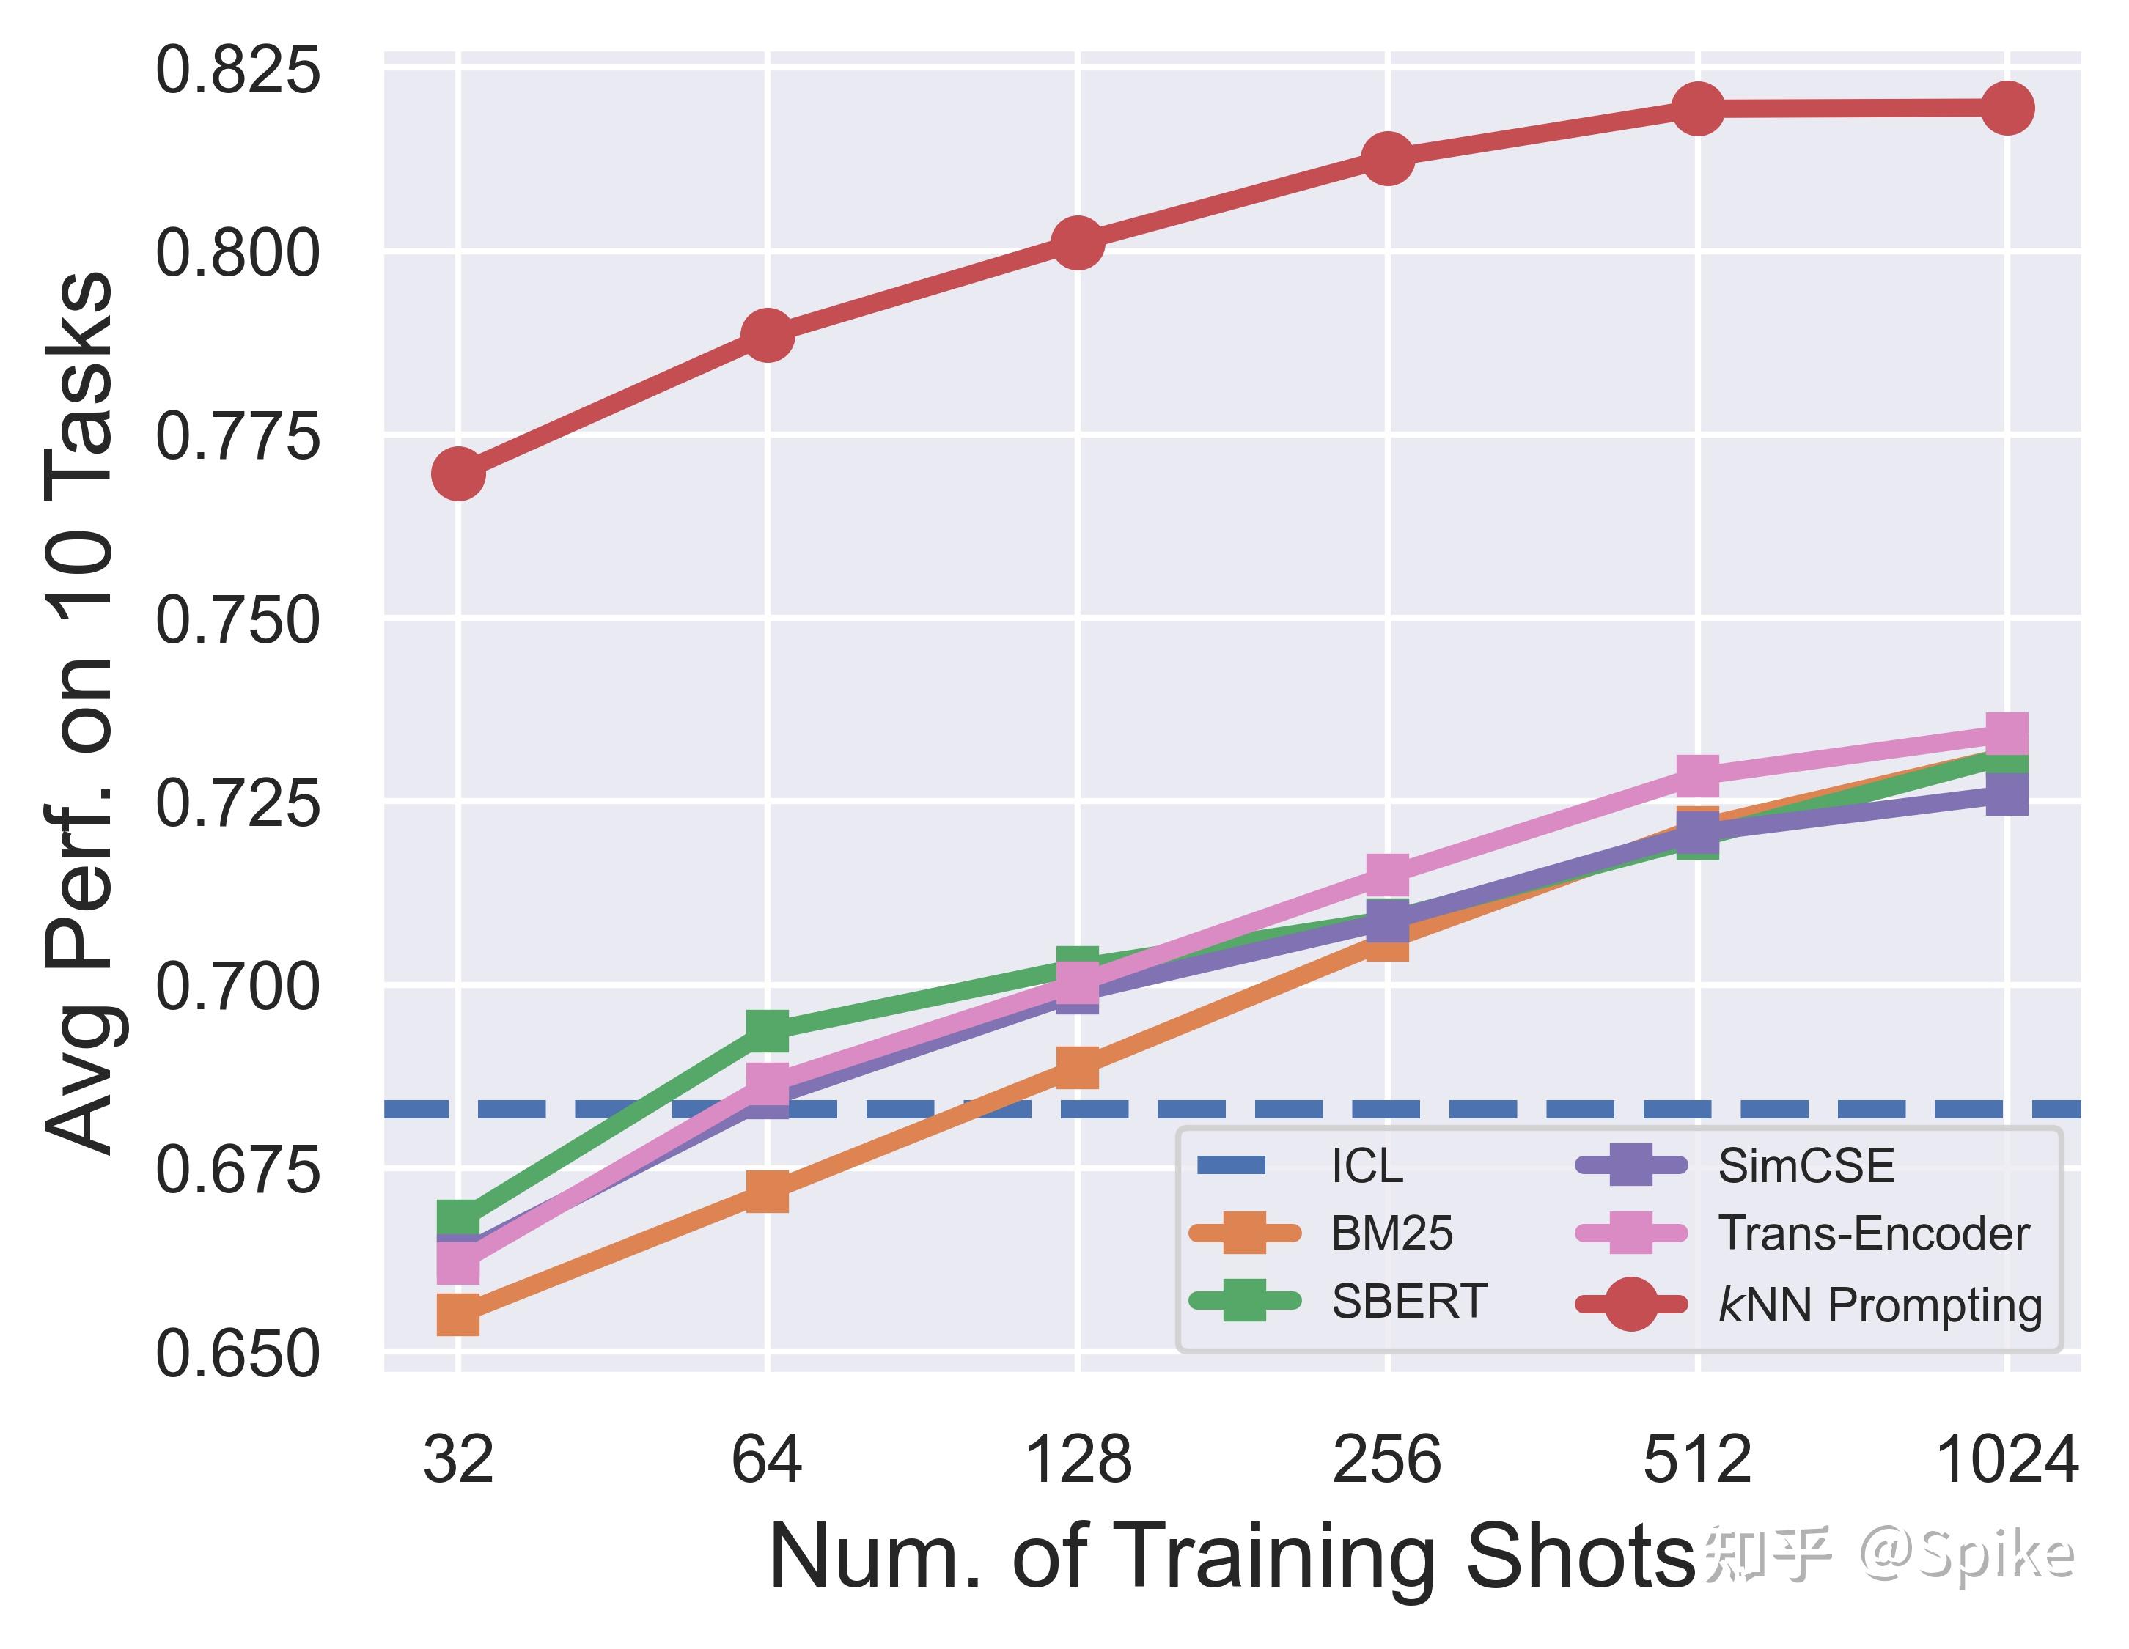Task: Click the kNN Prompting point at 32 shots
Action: click(x=458, y=473)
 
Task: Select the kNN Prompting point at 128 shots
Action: click(x=1077, y=242)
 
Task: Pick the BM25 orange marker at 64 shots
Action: click(x=767, y=1191)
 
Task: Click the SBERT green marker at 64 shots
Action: click(x=767, y=1029)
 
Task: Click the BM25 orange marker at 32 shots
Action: click(x=458, y=1314)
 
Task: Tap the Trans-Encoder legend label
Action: click(x=1872, y=1234)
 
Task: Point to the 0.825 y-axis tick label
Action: click(x=237, y=70)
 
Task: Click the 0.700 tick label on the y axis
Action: click(x=237, y=986)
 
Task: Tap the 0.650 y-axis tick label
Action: click(x=237, y=1354)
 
